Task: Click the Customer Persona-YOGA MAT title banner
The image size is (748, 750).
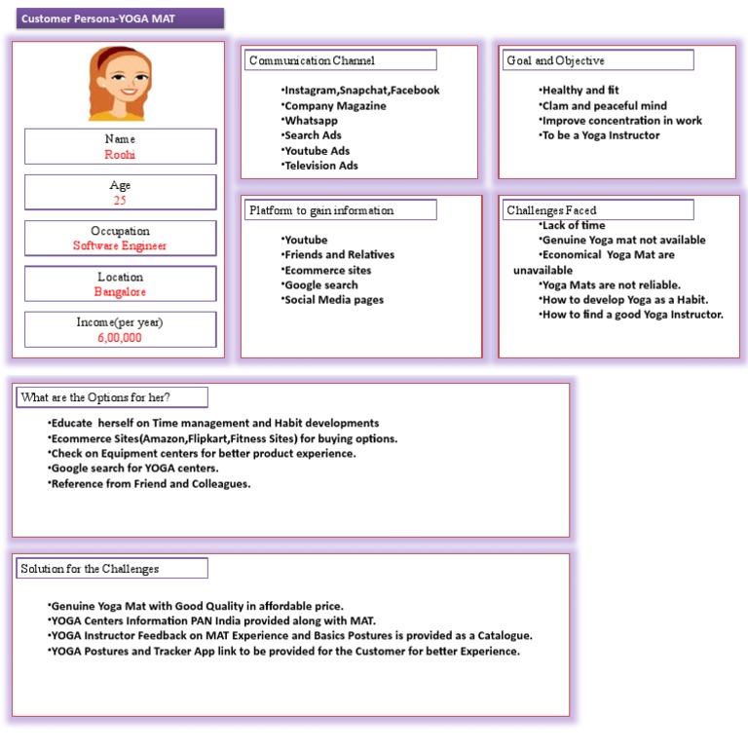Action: pyautogui.click(x=119, y=19)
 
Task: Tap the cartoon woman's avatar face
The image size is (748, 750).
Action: pyautogui.click(x=120, y=85)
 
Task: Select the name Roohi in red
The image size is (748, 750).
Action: pyautogui.click(x=120, y=154)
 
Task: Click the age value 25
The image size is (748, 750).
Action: pyautogui.click(x=120, y=201)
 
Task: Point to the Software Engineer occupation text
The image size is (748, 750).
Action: pyautogui.click(x=120, y=246)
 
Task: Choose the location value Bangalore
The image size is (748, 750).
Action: pyautogui.click(x=120, y=292)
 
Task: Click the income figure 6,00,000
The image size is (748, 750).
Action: pyautogui.click(x=120, y=338)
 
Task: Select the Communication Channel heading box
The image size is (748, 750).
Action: pyautogui.click(x=339, y=60)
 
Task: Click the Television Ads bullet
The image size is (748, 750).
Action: pyautogui.click(x=320, y=166)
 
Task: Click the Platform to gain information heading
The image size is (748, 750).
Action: pyautogui.click(x=339, y=210)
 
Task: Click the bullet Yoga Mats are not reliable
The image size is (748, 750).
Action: pyautogui.click(x=611, y=285)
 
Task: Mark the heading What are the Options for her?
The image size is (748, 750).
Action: pyautogui.click(x=112, y=397)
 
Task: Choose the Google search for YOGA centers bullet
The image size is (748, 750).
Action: pyautogui.click(x=134, y=469)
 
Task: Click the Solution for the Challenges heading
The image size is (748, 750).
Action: pyautogui.click(x=112, y=569)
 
